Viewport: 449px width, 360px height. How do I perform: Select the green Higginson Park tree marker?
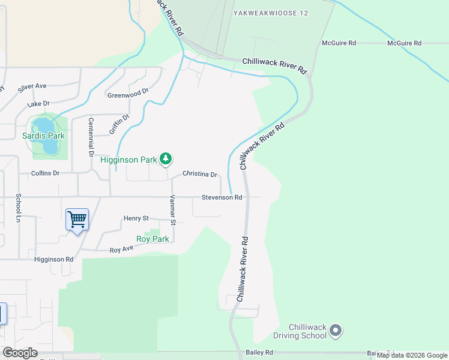166,159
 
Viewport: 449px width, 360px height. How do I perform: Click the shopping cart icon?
77,220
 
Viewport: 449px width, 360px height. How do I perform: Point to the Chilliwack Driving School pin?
336,331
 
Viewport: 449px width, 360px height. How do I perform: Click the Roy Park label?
152,239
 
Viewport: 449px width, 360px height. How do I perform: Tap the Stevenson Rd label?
221,197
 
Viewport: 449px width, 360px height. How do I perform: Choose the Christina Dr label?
199,174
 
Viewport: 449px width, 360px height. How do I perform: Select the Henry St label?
136,218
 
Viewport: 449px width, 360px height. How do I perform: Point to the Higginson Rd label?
53,259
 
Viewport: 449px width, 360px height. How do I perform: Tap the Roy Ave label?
121,248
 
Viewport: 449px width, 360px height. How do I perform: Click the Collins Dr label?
46,173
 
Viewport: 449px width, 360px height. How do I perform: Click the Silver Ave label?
32,87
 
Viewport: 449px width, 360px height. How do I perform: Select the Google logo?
20,352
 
